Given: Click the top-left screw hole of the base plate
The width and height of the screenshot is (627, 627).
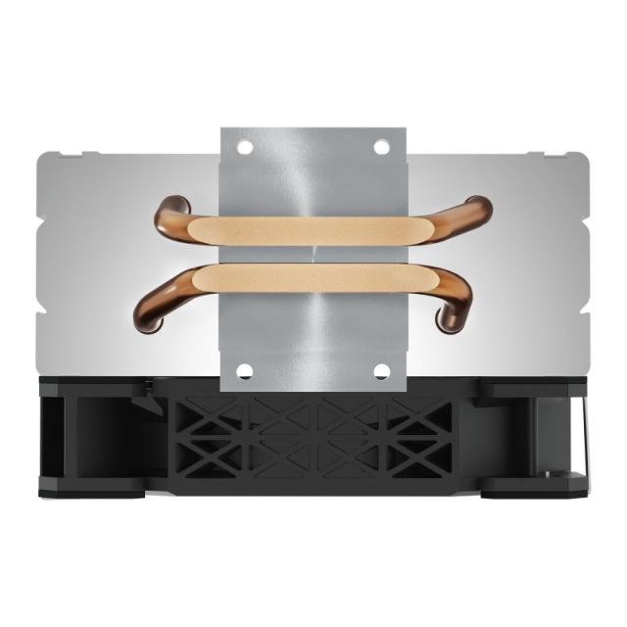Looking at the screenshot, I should coord(246,147).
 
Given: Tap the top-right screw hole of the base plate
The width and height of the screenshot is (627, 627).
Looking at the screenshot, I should coord(381,147).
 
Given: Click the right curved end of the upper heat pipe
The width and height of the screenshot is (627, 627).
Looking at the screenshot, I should coord(476,214).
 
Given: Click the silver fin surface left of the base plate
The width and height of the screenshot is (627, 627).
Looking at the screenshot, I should coord(98,265).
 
